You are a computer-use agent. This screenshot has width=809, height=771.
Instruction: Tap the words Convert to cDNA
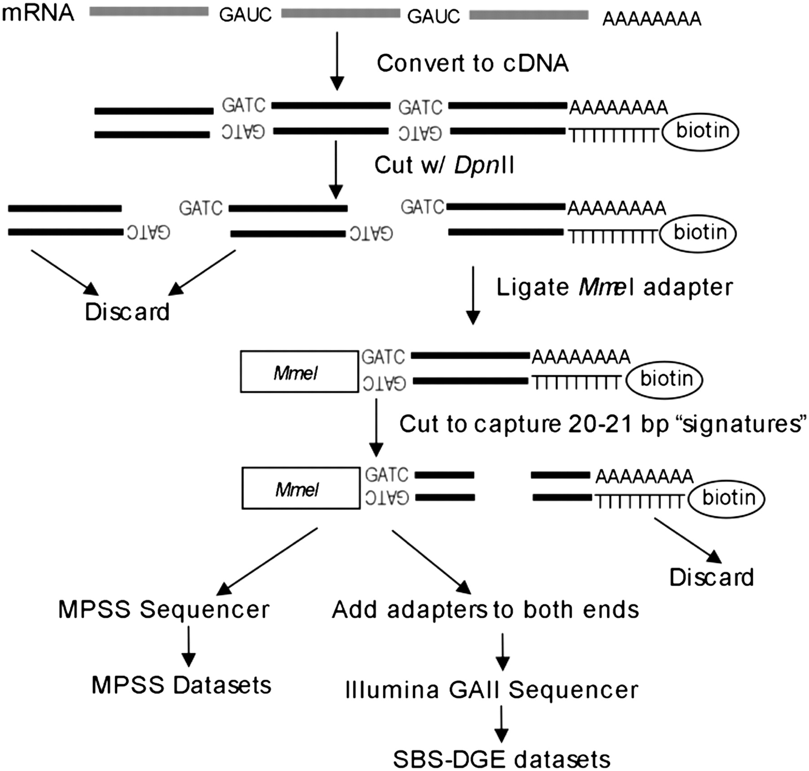tap(472, 63)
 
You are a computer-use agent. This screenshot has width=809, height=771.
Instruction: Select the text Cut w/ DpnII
tap(444, 165)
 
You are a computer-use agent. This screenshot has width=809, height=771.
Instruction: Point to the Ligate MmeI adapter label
tap(614, 288)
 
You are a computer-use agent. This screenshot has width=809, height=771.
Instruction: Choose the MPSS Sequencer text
tap(164, 610)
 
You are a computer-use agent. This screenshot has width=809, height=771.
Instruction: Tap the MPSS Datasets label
tap(181, 685)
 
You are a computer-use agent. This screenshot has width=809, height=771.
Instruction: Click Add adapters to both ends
tap(485, 610)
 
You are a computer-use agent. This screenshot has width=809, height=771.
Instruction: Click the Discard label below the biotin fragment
tap(711, 577)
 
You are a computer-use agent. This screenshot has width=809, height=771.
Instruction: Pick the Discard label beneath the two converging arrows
tap(127, 312)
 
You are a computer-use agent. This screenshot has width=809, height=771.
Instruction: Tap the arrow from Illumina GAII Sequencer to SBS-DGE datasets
tap(501, 724)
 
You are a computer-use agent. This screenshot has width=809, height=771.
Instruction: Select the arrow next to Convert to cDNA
tap(337, 61)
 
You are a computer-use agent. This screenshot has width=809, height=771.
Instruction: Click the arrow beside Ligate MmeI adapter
tap(473, 295)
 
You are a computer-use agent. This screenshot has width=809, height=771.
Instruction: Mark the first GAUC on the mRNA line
tap(245, 15)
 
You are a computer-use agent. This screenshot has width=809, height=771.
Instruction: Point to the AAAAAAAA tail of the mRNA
tap(652, 19)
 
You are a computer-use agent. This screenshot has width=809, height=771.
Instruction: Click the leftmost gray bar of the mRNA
tap(149, 12)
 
